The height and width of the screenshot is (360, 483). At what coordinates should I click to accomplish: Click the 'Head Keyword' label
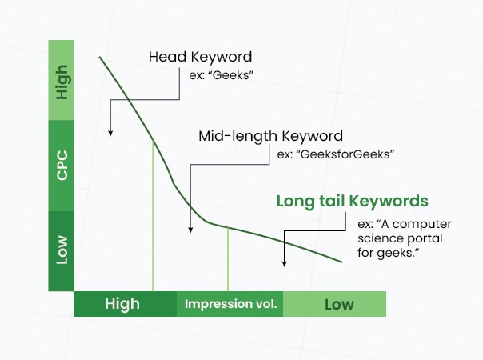[x=200, y=57]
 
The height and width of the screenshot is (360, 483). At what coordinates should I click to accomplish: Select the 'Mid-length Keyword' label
[x=270, y=136]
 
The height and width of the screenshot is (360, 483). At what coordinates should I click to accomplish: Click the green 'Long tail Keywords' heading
[x=353, y=202]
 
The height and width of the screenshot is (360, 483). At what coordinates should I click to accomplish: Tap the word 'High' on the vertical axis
[x=62, y=82]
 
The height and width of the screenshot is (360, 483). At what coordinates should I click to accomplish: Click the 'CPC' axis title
[x=62, y=165]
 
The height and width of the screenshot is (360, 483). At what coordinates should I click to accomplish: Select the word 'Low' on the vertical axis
[x=62, y=250]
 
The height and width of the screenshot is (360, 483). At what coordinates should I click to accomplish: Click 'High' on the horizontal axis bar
[x=122, y=304]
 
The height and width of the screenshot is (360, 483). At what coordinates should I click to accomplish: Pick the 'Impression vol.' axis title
[x=231, y=304]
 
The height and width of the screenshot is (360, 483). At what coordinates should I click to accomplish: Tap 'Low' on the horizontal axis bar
[x=339, y=305]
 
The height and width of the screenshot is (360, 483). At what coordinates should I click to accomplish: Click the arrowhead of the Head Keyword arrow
[x=110, y=134]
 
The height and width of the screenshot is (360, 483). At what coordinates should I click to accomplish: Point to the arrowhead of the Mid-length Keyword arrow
[x=190, y=230]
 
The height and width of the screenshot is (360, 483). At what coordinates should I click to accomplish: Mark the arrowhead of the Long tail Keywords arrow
[x=285, y=264]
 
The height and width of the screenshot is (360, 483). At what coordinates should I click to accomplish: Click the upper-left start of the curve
[x=99, y=57]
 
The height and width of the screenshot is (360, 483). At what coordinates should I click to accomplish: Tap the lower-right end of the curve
[x=342, y=262]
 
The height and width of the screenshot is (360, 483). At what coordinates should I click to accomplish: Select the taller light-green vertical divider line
[x=153, y=216]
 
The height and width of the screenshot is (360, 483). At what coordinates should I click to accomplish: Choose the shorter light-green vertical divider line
[x=228, y=259]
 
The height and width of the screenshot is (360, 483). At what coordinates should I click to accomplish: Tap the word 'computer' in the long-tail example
[x=422, y=224]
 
